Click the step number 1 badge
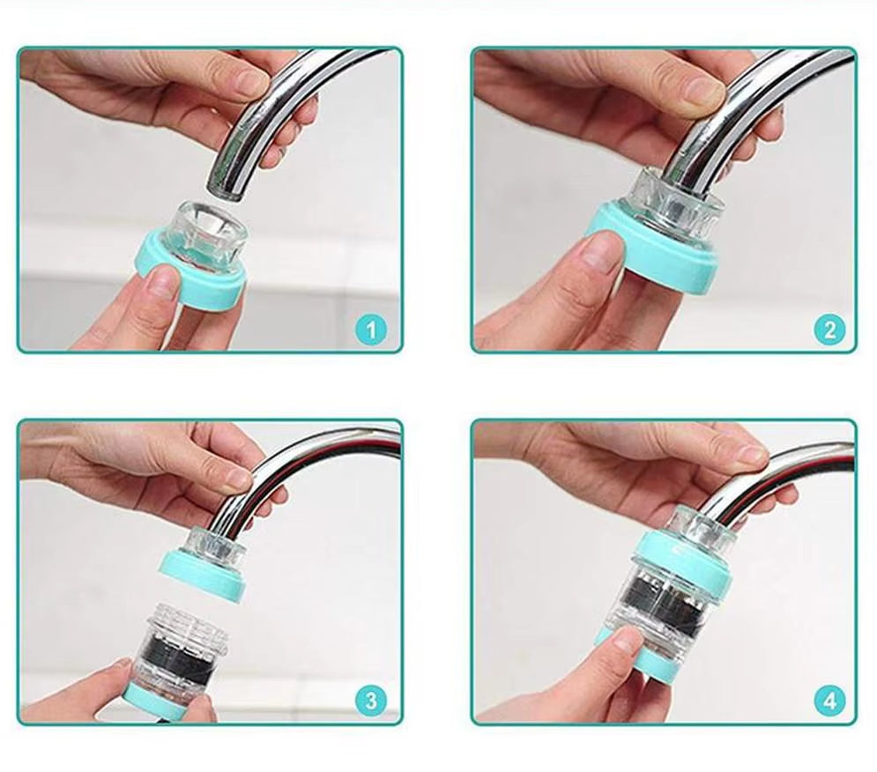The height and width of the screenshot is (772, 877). pyautogui.click(x=370, y=330)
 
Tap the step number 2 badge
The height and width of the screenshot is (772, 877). pyautogui.click(x=829, y=330)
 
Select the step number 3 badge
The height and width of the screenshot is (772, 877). pyautogui.click(x=370, y=701)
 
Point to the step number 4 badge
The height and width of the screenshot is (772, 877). pyautogui.click(x=829, y=701)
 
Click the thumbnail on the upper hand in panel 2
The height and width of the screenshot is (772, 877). pyautogui.click(x=702, y=89)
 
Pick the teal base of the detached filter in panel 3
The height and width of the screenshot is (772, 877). pyautogui.click(x=167, y=701)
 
